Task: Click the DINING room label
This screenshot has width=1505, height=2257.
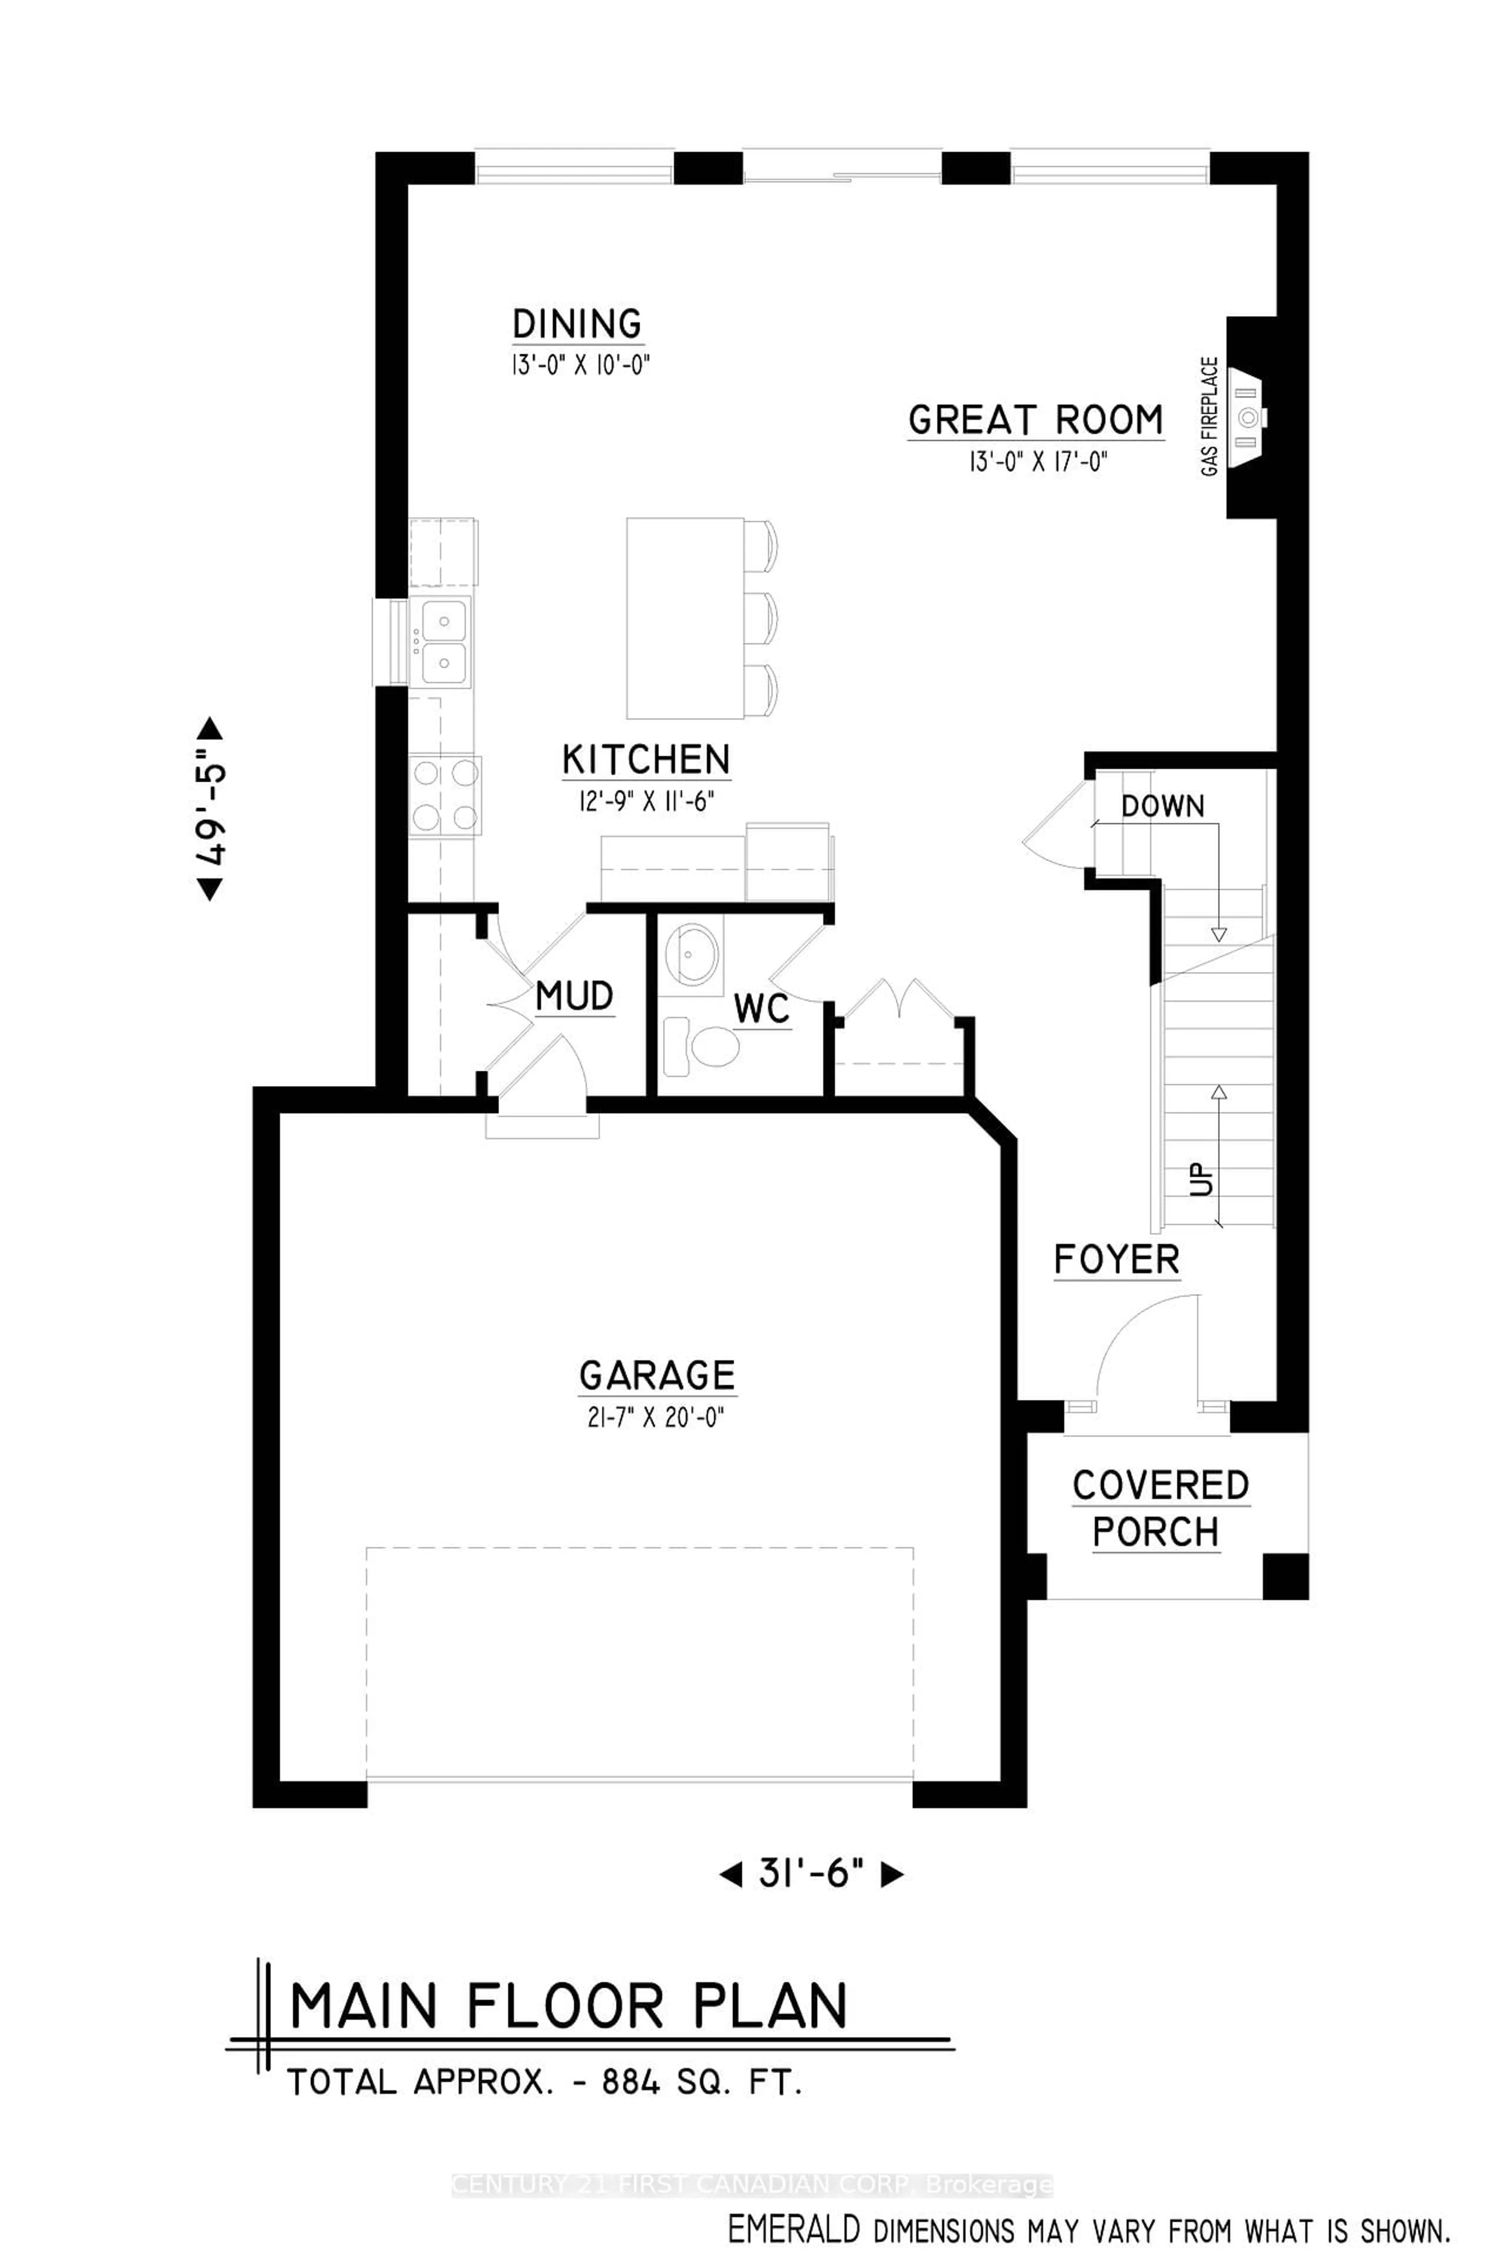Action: pyautogui.click(x=577, y=324)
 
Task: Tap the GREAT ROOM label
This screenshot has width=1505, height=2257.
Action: pyautogui.click(x=1035, y=420)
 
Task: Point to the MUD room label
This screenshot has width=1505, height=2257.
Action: pyautogui.click(x=574, y=996)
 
